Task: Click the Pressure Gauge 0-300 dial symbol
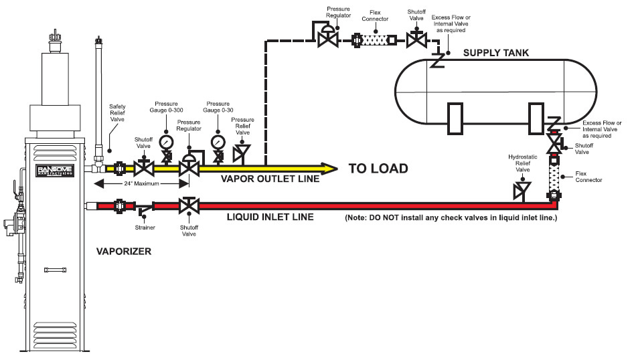pos(166,143)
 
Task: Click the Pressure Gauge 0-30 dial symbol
pos(218,143)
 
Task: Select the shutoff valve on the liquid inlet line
pos(189,205)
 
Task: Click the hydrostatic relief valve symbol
pos(522,191)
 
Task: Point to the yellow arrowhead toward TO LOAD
pos(329,169)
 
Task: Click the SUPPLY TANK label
pos(495,53)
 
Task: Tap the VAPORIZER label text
pos(124,252)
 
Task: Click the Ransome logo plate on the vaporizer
pos(56,170)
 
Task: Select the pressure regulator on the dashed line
pos(327,37)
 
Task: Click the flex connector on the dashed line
pos(375,40)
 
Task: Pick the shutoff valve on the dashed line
pos(416,39)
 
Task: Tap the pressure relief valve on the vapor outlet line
pos(242,153)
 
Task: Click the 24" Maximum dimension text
pos(141,183)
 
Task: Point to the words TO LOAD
pos(378,169)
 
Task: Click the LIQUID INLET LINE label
pos(270,217)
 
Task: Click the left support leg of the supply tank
pos(455,119)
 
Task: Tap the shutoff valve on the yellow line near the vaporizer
pos(144,168)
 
